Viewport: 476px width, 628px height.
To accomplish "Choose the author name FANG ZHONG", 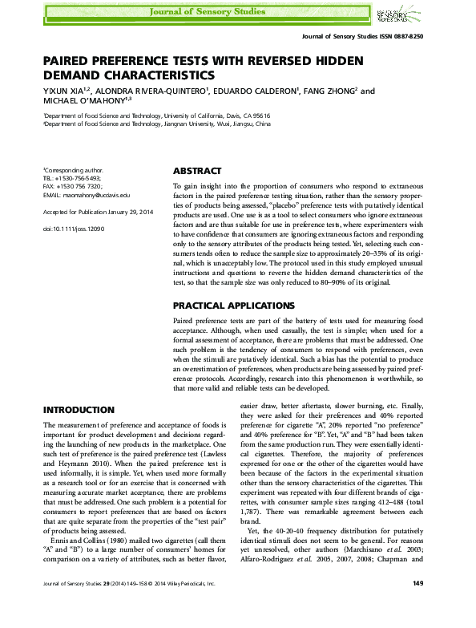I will coord(325,91).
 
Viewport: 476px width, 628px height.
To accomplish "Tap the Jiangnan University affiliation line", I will coord(156,125).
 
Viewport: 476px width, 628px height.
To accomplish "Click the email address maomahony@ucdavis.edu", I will coord(95,195).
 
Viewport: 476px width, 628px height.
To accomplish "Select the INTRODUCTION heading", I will coord(78,409).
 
